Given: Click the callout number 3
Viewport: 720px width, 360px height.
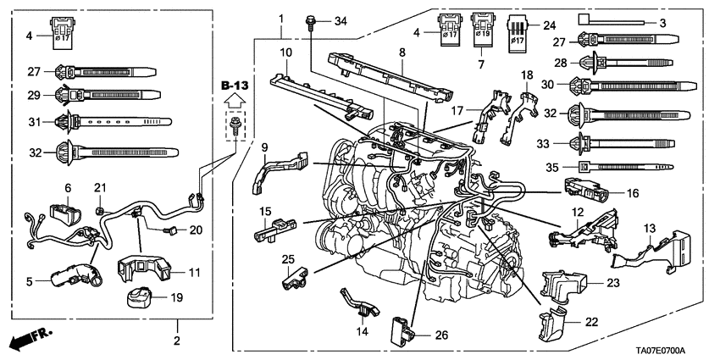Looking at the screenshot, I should [x=662, y=20].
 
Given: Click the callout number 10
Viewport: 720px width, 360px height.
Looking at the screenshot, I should [x=286, y=53].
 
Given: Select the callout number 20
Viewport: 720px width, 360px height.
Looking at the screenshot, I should [x=197, y=230].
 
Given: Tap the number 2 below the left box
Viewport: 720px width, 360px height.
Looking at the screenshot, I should [x=177, y=341].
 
